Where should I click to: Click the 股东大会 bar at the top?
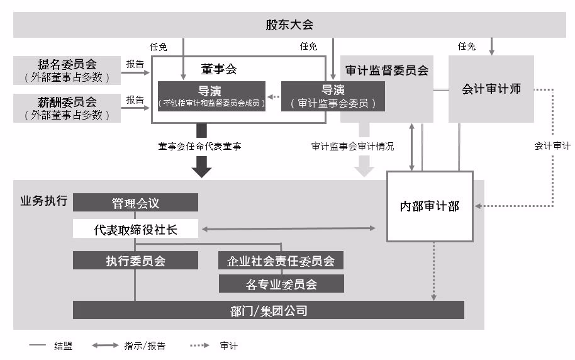[289, 26]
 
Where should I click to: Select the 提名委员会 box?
[67, 70]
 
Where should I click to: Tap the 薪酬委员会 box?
[67, 108]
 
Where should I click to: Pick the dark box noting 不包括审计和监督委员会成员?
[211, 96]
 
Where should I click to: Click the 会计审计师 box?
[491, 89]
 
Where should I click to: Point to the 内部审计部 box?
[430, 206]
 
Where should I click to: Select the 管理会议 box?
[135, 203]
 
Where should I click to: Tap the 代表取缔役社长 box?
[135, 230]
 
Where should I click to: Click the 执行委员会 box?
[135, 261]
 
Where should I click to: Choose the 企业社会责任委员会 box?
[281, 261]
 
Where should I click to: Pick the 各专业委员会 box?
[281, 284]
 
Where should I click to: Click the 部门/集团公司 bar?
[269, 310]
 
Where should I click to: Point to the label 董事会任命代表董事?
[200, 146]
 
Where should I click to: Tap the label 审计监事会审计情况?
[352, 146]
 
